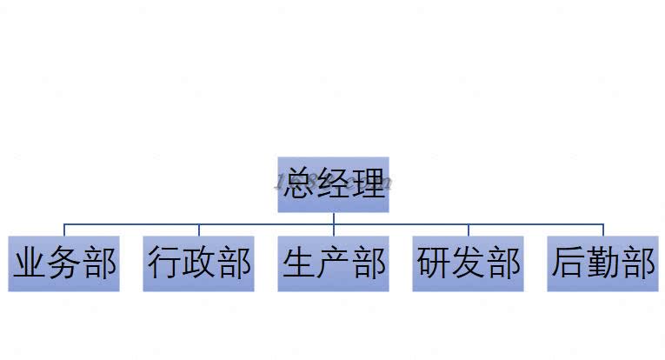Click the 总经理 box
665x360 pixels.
click(x=333, y=184)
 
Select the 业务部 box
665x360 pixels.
click(x=63, y=263)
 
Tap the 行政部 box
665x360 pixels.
click(x=199, y=263)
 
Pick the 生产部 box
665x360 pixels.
click(x=333, y=263)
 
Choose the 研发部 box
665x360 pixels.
click(x=468, y=263)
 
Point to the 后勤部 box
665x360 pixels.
click(x=602, y=263)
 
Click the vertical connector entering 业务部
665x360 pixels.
click(x=63, y=230)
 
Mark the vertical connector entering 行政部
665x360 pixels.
click(x=199, y=230)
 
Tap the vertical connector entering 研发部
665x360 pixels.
click(x=468, y=230)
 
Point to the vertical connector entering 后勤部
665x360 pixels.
click(x=602, y=230)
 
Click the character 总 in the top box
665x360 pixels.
click(x=299, y=184)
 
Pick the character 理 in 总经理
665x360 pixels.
click(x=367, y=184)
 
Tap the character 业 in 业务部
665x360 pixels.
click(x=30, y=263)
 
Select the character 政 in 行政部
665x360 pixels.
click(x=199, y=263)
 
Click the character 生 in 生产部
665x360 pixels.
click(x=299, y=263)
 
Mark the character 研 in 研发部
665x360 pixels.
click(x=434, y=263)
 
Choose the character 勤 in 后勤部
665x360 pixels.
click(x=602, y=263)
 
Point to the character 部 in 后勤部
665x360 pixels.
click(x=637, y=263)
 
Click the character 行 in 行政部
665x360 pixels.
click(x=164, y=263)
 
